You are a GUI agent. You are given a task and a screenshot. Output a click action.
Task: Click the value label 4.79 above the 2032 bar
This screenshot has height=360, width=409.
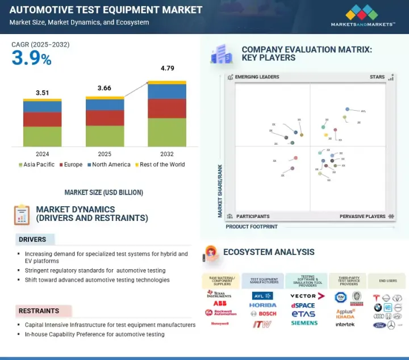[x=167, y=69]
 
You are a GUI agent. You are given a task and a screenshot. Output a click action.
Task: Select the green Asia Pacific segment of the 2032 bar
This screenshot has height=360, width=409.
[x=167, y=132]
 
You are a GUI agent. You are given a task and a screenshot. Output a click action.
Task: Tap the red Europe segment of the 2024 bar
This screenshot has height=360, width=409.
[x=43, y=119]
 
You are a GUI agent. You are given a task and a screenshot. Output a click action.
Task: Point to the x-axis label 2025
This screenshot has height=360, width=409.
[x=105, y=154]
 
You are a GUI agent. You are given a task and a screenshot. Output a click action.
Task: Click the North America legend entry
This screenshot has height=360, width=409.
[x=110, y=165]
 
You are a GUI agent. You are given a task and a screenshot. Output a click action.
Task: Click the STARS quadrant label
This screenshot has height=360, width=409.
[x=377, y=77]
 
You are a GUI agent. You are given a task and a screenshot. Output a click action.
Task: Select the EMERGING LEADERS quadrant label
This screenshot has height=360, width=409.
[x=257, y=77]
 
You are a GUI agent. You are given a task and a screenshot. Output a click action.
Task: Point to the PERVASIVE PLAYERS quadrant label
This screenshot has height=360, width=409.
[x=362, y=216]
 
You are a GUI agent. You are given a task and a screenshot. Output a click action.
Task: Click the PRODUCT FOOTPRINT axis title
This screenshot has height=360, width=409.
[x=252, y=227]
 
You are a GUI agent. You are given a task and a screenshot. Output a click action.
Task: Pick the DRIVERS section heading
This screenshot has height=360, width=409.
[x=32, y=240]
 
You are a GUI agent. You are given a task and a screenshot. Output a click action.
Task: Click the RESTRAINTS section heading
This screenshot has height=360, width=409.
[x=39, y=311]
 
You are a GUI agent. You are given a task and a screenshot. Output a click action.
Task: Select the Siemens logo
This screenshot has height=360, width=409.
[x=304, y=323]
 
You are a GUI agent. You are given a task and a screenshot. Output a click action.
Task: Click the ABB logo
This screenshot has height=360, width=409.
[x=220, y=304]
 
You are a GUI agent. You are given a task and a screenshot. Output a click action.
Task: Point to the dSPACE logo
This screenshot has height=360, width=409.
[x=302, y=305]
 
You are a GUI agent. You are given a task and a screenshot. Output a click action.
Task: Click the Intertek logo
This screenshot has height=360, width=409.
[x=345, y=324]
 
